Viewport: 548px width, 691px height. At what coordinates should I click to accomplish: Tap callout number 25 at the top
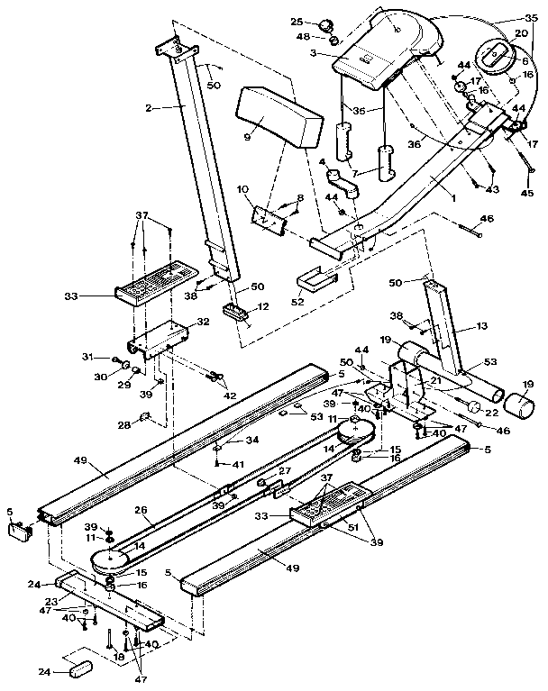point(297,21)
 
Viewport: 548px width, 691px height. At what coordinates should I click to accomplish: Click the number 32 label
point(203,321)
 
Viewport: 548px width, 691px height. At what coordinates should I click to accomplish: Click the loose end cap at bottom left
point(78,671)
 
